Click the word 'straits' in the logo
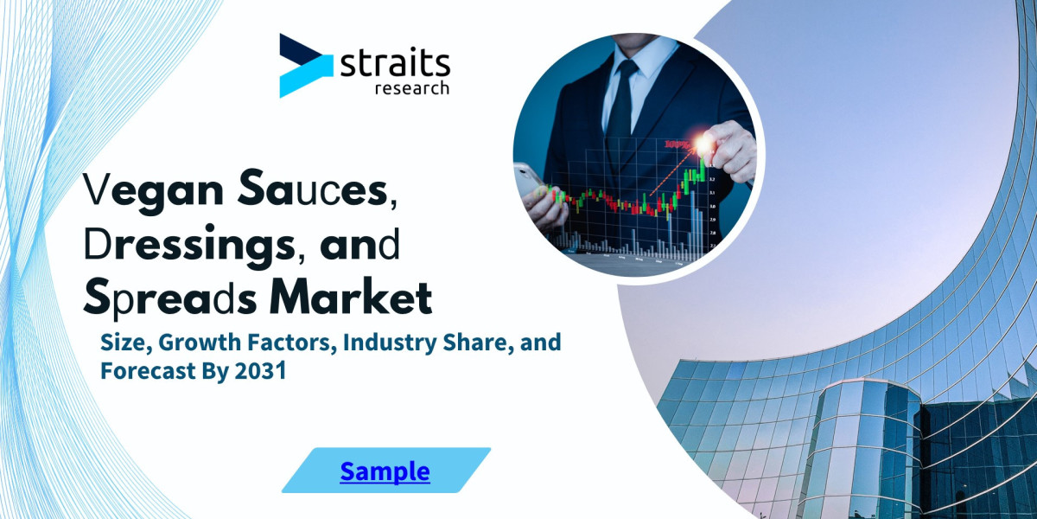point(395,63)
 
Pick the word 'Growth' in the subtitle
point(194,343)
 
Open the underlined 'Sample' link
point(385,471)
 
